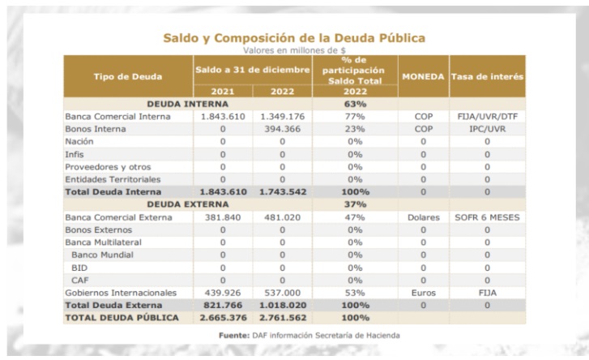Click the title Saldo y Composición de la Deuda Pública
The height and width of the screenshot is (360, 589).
pyautogui.click(x=294, y=38)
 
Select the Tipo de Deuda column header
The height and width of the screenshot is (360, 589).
pyautogui.click(x=128, y=77)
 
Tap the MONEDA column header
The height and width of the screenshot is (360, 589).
pyautogui.click(x=424, y=77)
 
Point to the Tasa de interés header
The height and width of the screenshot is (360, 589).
pyautogui.click(x=487, y=77)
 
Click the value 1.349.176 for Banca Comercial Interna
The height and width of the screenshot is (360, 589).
pyautogui.click(x=283, y=117)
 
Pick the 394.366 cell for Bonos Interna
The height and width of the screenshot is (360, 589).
pyautogui.click(x=283, y=129)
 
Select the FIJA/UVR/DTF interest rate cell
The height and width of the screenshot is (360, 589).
pyautogui.click(x=487, y=117)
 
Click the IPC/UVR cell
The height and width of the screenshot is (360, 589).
pyautogui.click(x=487, y=129)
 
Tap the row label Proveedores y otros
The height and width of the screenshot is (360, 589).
pyautogui.click(x=108, y=167)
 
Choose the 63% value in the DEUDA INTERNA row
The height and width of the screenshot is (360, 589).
pyautogui.click(x=355, y=104)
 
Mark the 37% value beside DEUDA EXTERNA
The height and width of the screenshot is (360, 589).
pyautogui.click(x=355, y=204)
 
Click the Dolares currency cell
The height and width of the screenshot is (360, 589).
pyautogui.click(x=424, y=217)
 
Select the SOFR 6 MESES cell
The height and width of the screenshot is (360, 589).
pyautogui.click(x=487, y=217)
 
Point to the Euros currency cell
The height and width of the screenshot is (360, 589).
pyautogui.click(x=424, y=293)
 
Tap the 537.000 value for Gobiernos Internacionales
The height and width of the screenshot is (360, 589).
pyautogui.click(x=283, y=293)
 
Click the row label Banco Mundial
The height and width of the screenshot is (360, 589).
pyautogui.click(x=102, y=255)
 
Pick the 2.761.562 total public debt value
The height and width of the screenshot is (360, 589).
pyautogui.click(x=283, y=318)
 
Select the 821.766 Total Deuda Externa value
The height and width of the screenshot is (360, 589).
pyautogui.click(x=223, y=305)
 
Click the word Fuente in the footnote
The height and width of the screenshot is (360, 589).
pyautogui.click(x=234, y=335)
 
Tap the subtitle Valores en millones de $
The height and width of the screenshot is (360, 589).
pyautogui.click(x=294, y=50)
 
